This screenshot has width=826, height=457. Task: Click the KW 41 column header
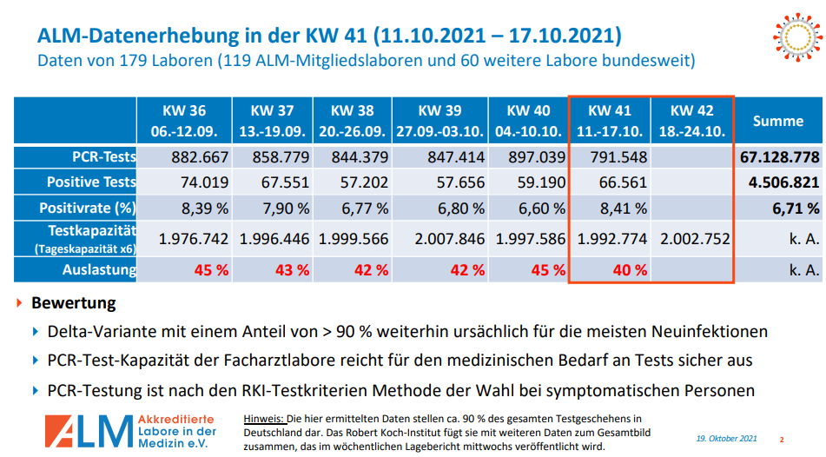point(610,121)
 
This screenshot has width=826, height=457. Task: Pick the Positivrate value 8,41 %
point(618,209)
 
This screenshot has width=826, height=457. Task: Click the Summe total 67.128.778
point(779,157)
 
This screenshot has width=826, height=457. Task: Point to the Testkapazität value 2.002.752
point(693,239)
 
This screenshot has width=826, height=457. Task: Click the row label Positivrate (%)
point(88,209)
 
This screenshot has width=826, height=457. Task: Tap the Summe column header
point(777,121)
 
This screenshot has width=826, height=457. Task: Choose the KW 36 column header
point(184,121)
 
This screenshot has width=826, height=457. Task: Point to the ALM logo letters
point(89,430)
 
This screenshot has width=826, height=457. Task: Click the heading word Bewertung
point(73,304)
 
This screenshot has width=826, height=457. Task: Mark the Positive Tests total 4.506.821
point(783,182)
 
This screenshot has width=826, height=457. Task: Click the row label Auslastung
point(99,269)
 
